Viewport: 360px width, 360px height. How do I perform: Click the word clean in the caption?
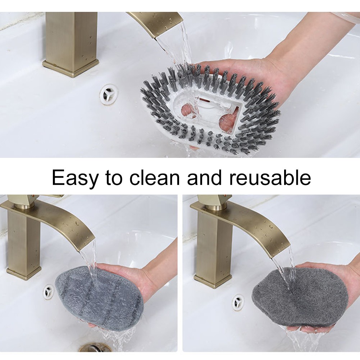tap(155, 177)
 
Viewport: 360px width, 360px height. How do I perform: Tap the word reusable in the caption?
tap(270, 177)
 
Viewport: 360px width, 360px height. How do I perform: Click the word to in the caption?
tap(114, 178)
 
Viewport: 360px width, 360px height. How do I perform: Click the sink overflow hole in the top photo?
tap(109, 94)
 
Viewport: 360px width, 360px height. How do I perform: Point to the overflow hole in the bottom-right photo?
tap(238, 301)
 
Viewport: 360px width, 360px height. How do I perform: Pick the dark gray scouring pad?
tap(300, 296)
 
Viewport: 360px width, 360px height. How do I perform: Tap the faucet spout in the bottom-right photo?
tap(243, 226)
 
